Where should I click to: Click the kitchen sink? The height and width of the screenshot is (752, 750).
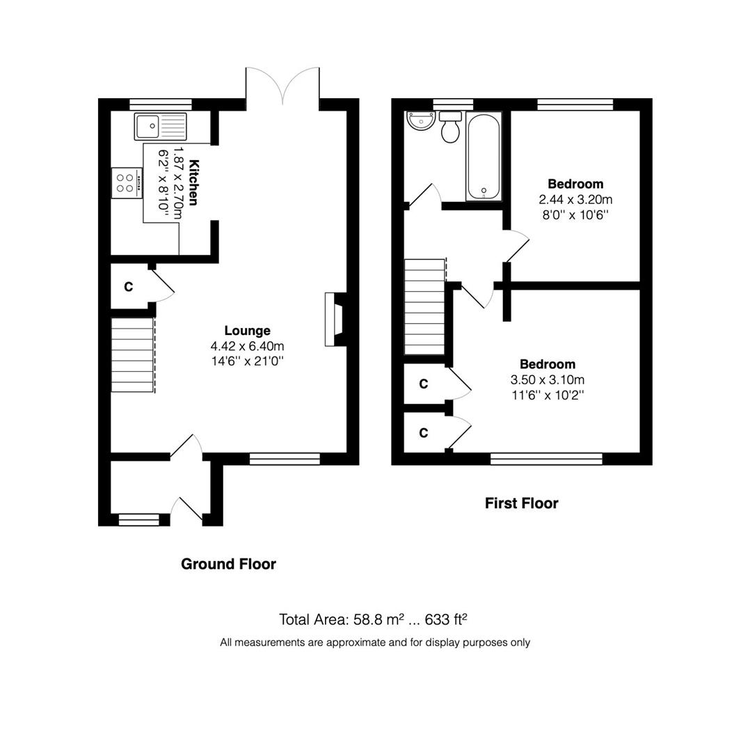pyautogui.click(x=161, y=126)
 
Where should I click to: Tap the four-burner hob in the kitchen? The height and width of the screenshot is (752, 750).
pyautogui.click(x=127, y=182)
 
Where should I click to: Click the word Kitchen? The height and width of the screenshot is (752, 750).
pyautogui.click(x=193, y=182)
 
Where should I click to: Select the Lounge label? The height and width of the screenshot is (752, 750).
pyautogui.click(x=247, y=331)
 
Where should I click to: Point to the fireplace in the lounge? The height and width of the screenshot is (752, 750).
pyautogui.click(x=335, y=319)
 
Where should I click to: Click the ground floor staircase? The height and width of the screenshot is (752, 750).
pyautogui.click(x=133, y=354)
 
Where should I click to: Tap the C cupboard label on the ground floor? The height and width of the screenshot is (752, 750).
pyautogui.click(x=129, y=287)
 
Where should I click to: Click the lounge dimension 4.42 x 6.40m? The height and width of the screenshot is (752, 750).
pyautogui.click(x=247, y=346)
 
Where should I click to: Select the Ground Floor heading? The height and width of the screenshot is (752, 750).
pyautogui.click(x=229, y=564)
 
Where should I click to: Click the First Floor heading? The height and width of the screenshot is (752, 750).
pyautogui.click(x=521, y=503)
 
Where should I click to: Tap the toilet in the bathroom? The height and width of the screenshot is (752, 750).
pyautogui.click(x=450, y=127)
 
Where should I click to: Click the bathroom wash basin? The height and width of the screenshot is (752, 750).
pyautogui.click(x=420, y=120)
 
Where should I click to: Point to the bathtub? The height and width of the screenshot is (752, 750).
pyautogui.click(x=484, y=157)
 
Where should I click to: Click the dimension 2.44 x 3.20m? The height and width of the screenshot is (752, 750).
pyautogui.click(x=575, y=200)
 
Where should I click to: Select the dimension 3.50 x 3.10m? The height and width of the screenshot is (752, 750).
pyautogui.click(x=548, y=380)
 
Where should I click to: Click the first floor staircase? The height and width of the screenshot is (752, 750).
pyautogui.click(x=424, y=307)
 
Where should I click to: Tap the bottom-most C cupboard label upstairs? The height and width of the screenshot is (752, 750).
pyautogui.click(x=424, y=433)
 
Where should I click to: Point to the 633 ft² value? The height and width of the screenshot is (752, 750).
pyautogui.click(x=446, y=620)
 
